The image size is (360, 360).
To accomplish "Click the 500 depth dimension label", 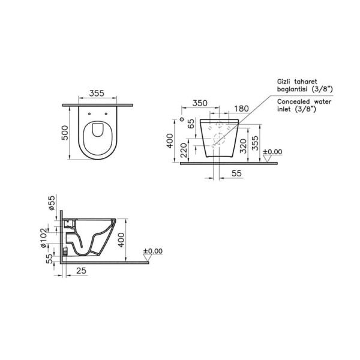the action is pyautogui.click(x=65, y=133).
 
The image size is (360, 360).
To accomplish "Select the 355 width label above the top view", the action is pyautogui.click(x=97, y=94).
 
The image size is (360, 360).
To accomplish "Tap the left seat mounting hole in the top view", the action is pyautogui.click(x=89, y=114).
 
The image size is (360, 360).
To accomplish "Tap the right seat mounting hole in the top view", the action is pyautogui.click(x=106, y=114).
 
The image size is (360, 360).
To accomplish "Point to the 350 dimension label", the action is pyautogui.click(x=200, y=103).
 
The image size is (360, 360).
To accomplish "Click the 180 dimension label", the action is pyautogui.click(x=241, y=109).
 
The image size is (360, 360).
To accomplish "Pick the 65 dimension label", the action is pyautogui.click(x=191, y=124).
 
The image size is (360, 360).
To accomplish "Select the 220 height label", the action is pyautogui.click(x=184, y=150).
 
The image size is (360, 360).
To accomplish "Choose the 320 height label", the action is pyautogui.click(x=243, y=146).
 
